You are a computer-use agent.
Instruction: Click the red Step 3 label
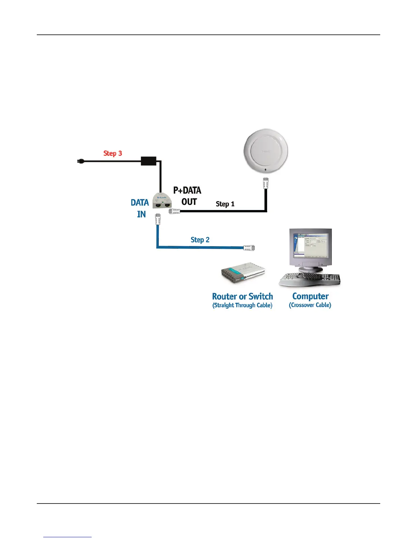tap(112, 153)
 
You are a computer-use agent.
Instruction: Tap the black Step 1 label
tap(225, 204)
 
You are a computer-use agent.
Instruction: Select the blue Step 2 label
tap(200, 240)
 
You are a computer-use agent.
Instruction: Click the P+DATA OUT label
tap(187, 196)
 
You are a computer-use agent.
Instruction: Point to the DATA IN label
tap(140, 208)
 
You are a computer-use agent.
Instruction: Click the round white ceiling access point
tap(266, 151)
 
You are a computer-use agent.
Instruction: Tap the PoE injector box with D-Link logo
tap(161, 201)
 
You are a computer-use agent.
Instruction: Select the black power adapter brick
tap(149, 161)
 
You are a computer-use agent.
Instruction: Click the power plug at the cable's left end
tap(81, 161)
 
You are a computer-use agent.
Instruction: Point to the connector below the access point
tap(265, 183)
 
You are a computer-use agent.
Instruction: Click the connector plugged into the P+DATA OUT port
tap(174, 211)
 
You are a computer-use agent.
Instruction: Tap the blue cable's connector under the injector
tap(158, 219)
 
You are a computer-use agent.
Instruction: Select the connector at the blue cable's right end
tap(249, 248)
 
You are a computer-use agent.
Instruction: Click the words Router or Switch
tap(243, 296)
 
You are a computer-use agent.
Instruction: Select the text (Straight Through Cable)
tap(242, 305)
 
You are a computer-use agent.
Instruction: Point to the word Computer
tap(310, 296)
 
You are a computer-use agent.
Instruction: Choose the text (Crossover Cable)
tap(310, 305)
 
